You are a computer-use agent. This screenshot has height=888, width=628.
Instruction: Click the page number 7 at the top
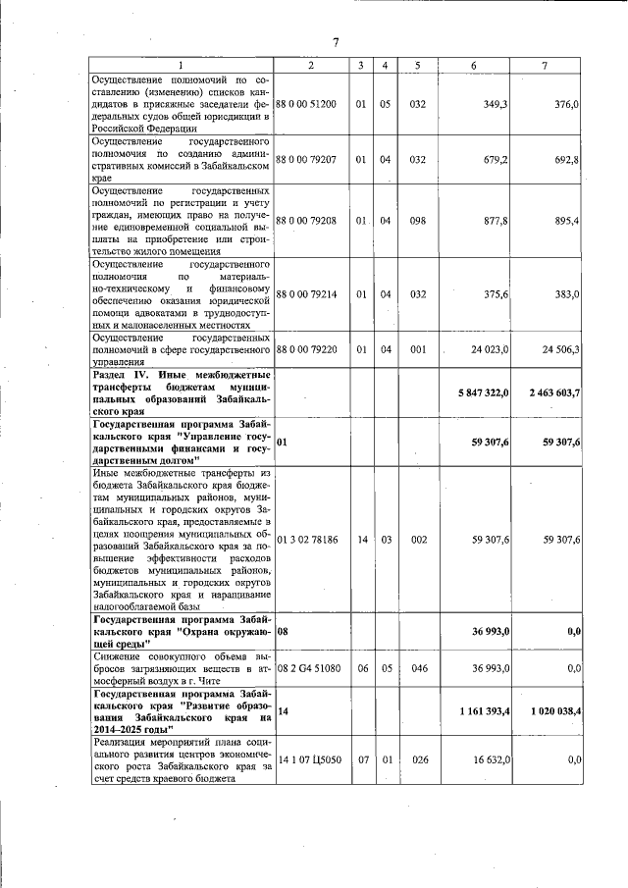[336, 42]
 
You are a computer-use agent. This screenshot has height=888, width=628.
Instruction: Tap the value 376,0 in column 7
[567, 103]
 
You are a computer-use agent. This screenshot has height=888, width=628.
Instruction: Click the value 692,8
[567, 158]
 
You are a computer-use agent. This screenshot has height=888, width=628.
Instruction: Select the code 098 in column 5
[418, 221]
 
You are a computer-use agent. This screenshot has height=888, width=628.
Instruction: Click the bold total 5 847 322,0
[483, 392]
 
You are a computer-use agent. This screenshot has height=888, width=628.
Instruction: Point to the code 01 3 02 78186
[308, 540]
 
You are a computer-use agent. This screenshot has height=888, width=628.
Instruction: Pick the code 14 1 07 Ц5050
[308, 758]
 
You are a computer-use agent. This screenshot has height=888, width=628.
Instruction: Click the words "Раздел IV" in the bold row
[118, 375]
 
